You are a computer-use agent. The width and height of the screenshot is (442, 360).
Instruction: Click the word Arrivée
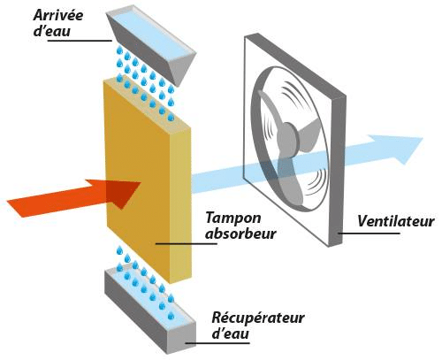tap(58, 15)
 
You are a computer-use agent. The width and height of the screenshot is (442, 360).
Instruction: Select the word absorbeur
tap(240, 234)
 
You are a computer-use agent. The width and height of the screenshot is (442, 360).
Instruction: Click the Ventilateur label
tap(396, 221)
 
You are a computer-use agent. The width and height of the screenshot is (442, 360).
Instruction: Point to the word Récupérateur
tap(258, 318)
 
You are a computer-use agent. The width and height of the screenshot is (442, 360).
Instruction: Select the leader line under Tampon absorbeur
tap(187, 243)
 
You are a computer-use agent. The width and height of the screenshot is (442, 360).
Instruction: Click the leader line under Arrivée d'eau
tap(80, 41)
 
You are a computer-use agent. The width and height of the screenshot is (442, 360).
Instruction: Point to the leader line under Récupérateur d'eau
tap(217, 343)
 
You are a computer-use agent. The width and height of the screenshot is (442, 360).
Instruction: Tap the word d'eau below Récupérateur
tap(231, 333)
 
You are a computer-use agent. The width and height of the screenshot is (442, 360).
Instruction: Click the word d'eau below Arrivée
tap(52, 31)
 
